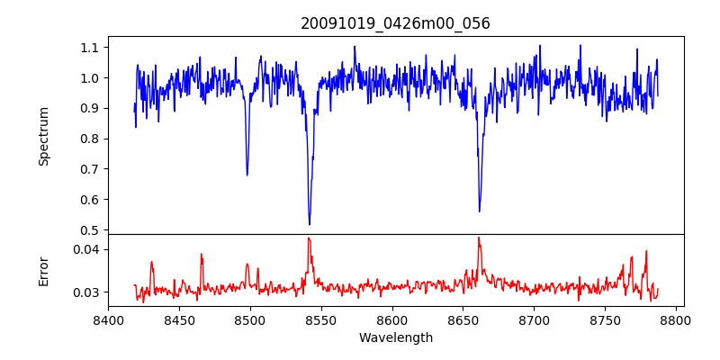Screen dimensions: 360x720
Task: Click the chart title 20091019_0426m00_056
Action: click(395, 23)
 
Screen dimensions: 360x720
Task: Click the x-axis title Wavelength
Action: click(395, 338)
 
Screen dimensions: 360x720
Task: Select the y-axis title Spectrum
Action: click(44, 136)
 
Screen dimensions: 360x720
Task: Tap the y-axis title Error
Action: click(44, 271)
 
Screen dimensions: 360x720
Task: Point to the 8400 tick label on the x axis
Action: click(108, 319)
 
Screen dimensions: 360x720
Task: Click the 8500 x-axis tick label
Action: click(250, 319)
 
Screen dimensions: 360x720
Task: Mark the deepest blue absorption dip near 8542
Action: click(310, 224)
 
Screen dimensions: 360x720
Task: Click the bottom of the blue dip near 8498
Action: click(247, 175)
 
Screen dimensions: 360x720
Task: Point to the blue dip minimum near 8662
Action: click(480, 211)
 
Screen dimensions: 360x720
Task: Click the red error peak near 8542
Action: click(309, 238)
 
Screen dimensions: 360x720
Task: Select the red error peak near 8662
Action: click(479, 238)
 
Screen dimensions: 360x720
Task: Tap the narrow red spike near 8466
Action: click(202, 255)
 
